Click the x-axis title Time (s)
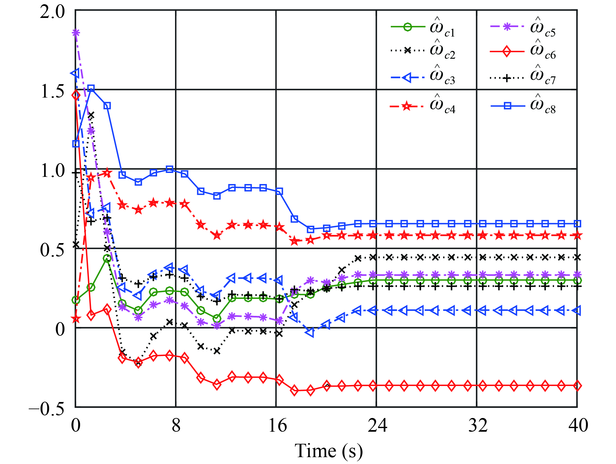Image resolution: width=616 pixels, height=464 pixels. pyautogui.click(x=329, y=451)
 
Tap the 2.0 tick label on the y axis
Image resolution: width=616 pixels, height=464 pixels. pyautogui.click(x=52, y=12)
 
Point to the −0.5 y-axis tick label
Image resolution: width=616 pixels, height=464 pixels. pyautogui.click(x=47, y=408)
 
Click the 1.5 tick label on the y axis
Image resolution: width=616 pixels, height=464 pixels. pyautogui.click(x=52, y=91)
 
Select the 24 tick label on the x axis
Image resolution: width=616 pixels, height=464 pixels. pyautogui.click(x=377, y=425)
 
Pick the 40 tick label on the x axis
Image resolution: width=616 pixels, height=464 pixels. pyautogui.click(x=578, y=425)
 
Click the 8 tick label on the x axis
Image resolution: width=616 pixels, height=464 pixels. pyautogui.click(x=176, y=425)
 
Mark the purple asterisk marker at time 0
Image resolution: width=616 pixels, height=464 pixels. pyautogui.click(x=76, y=33)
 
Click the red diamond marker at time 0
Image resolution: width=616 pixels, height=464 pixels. pyautogui.click(x=76, y=96)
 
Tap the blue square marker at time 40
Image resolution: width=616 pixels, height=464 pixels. pyautogui.click(x=577, y=224)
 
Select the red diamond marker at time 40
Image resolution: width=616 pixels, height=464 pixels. pyautogui.click(x=577, y=386)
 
